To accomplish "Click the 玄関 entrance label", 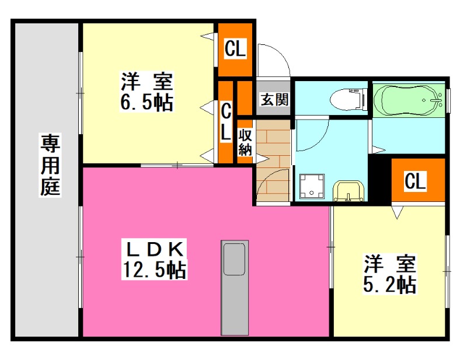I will (x=274, y=99).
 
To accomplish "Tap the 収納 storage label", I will (x=245, y=142).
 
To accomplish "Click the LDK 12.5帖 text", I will (x=155, y=260).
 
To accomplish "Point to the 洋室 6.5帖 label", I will (x=146, y=92).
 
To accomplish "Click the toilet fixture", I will (x=347, y=99).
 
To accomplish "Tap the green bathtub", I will (x=408, y=101).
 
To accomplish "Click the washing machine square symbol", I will (x=313, y=186).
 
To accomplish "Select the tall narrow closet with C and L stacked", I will (x=226, y=123).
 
